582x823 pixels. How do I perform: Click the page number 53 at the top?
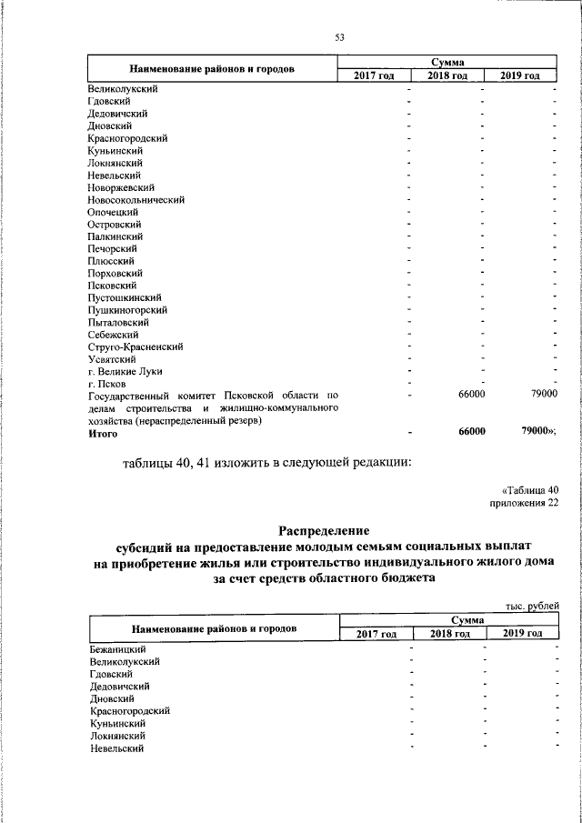click(340, 37)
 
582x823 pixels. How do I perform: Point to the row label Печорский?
click(112, 248)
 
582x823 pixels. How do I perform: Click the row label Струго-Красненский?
click(135, 346)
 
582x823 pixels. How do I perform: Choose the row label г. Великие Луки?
click(125, 371)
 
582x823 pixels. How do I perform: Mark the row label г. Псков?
click(106, 383)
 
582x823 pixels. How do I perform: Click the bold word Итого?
click(103, 433)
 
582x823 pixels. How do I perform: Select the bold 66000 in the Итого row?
click(469, 432)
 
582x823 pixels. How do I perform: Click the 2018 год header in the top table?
click(447, 75)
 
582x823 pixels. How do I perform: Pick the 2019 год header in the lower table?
click(523, 633)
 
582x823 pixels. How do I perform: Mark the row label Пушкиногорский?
click(127, 309)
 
